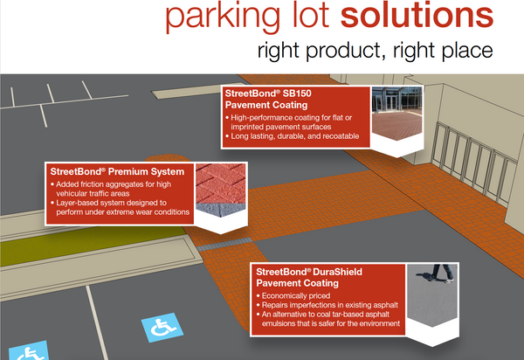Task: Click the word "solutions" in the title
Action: pyautogui.click(x=419, y=17)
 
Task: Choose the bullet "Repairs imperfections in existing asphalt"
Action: pyautogui.click(x=327, y=307)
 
